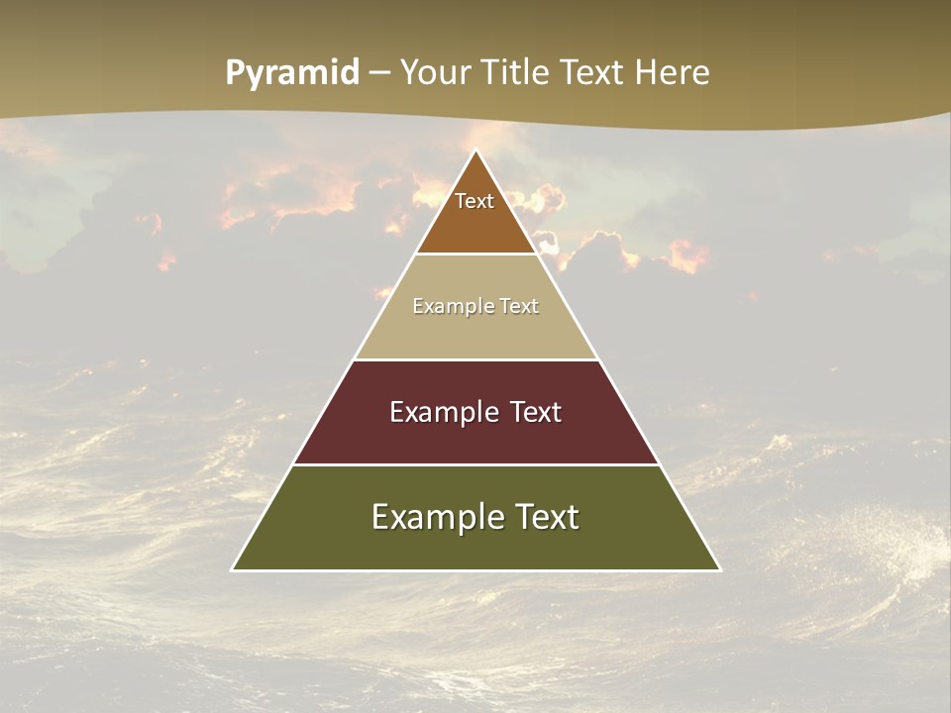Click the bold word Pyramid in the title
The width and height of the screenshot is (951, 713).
(x=292, y=73)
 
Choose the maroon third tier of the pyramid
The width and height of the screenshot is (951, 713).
(x=475, y=436)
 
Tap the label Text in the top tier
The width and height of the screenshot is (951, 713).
(x=475, y=201)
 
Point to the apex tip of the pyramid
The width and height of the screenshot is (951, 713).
(x=476, y=152)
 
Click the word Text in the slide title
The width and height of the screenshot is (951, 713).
(x=594, y=73)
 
